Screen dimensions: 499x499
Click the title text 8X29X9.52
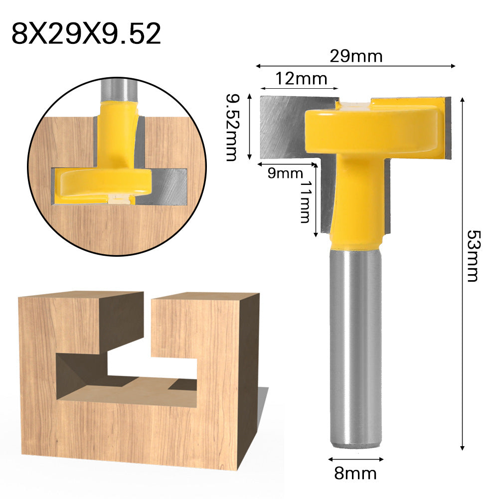[86, 34]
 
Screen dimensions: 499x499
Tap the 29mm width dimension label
[356, 56]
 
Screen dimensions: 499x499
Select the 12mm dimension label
[301, 78]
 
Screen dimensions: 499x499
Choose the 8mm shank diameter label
[355, 472]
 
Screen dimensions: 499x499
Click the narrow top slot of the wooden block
[148, 319]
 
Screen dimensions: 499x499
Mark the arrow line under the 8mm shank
[355, 457]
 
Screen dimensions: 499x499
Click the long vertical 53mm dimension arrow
[463, 274]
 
